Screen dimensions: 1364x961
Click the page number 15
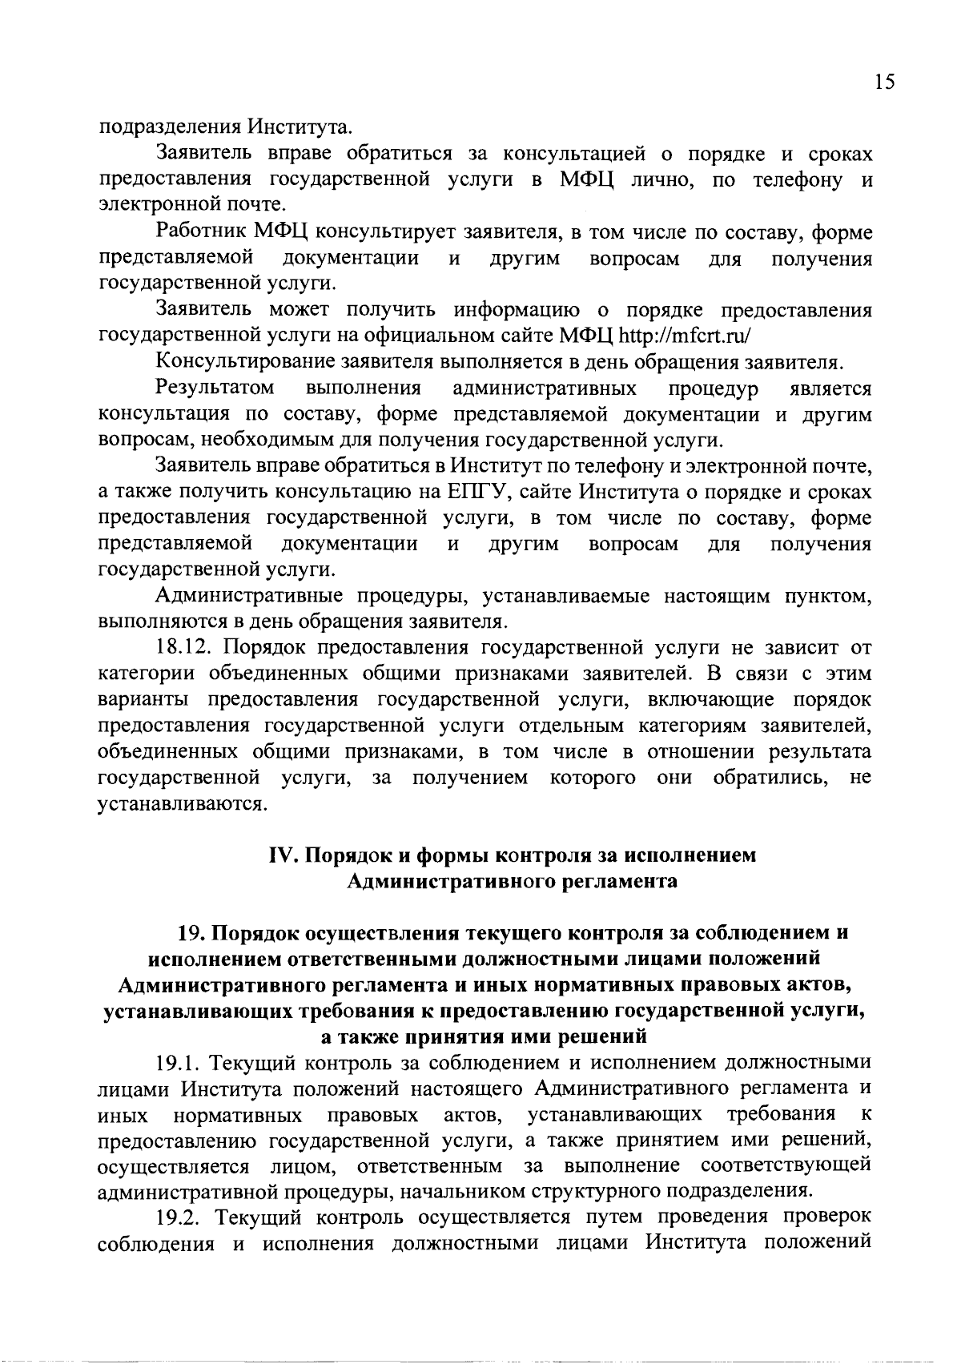coord(883,82)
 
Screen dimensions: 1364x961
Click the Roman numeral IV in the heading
coord(282,855)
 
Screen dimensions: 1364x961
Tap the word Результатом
coord(215,388)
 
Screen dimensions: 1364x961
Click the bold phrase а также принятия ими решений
coord(483,1036)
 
